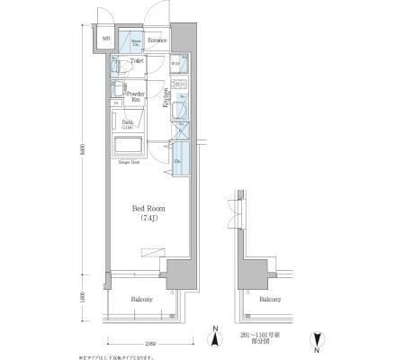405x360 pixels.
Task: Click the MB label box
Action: pos(106,39)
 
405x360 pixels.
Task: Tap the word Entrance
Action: pos(159,40)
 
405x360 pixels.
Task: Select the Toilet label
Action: pos(137,61)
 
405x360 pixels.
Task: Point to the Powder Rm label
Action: pos(137,96)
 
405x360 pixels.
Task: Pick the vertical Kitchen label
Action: pos(166,98)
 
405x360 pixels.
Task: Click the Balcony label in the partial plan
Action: pos(270,300)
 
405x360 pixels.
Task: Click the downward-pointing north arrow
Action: pos(315,339)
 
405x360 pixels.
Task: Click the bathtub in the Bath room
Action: pos(130,146)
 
